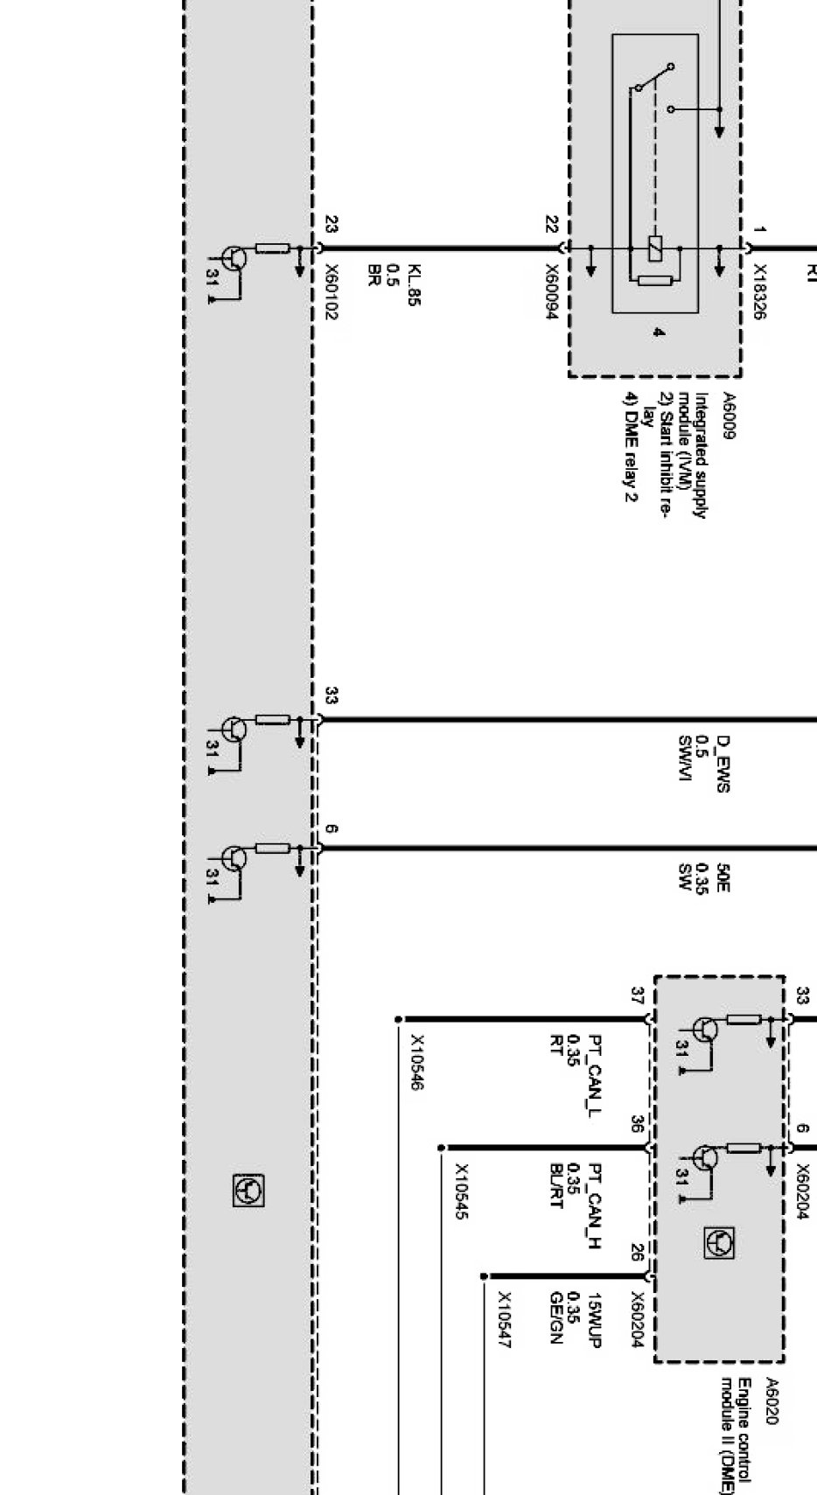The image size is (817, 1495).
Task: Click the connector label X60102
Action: pyautogui.click(x=331, y=292)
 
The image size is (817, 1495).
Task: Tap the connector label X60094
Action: pyautogui.click(x=551, y=292)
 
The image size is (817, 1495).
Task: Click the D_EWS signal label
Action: pyautogui.click(x=723, y=764)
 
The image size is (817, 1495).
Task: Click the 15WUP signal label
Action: pyautogui.click(x=595, y=1320)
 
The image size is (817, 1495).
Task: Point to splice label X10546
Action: pyautogui.click(x=417, y=1063)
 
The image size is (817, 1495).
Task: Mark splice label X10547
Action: pyautogui.click(x=504, y=1320)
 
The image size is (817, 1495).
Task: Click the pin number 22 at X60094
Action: pyautogui.click(x=551, y=225)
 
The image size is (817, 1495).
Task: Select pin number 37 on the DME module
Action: pyautogui.click(x=638, y=996)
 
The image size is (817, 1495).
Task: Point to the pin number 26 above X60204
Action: pyautogui.click(x=638, y=1254)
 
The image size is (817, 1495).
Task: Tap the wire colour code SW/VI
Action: pyautogui.click(x=685, y=764)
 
